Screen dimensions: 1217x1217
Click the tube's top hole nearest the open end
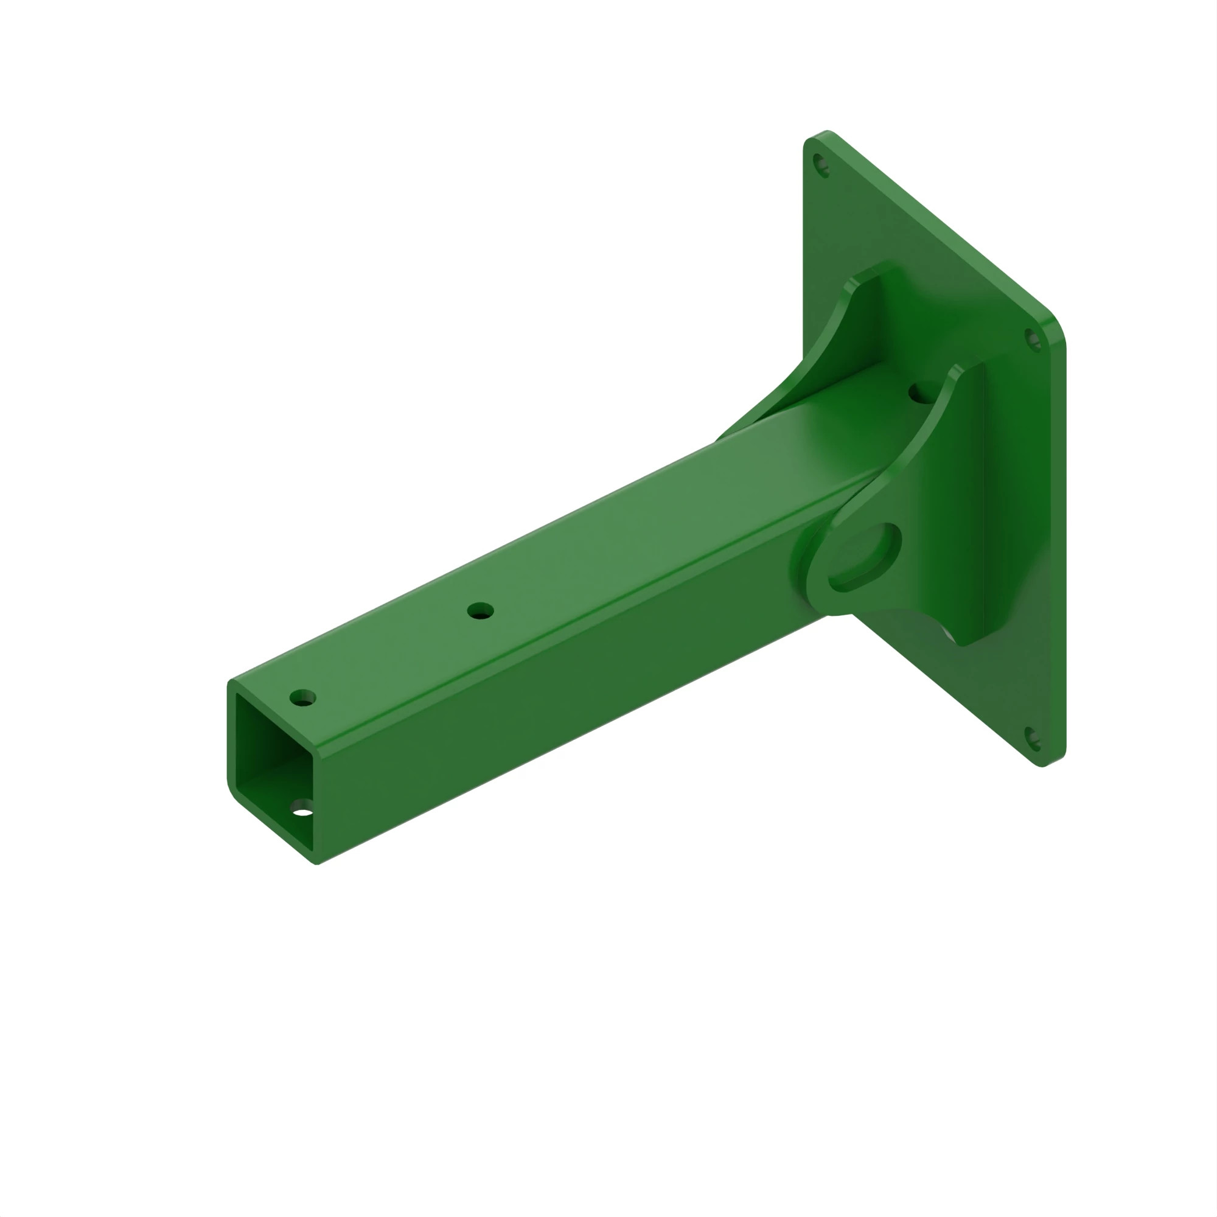[x=302, y=698]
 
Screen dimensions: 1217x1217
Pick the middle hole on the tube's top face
[x=480, y=610]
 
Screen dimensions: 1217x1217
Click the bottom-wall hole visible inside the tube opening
[x=302, y=808]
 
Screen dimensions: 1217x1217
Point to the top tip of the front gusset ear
[x=957, y=372]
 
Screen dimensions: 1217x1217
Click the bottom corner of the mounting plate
[x=1042, y=764]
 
